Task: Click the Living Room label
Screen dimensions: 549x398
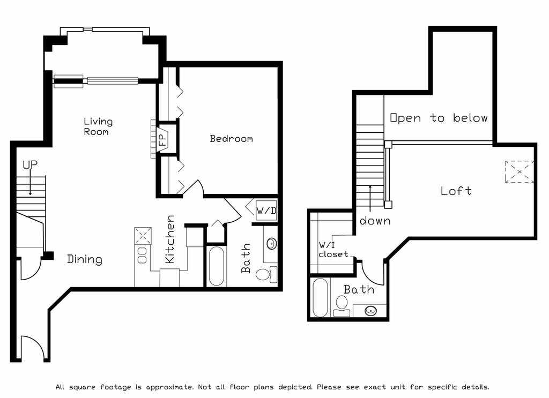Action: (98, 126)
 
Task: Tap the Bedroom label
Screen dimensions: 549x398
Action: (231, 139)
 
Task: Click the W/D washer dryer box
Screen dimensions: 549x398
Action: (266, 210)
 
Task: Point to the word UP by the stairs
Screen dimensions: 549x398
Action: (30, 165)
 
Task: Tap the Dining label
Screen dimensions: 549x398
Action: (84, 259)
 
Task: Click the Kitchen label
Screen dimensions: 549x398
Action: (170, 239)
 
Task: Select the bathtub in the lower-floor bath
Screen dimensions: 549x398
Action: (216, 266)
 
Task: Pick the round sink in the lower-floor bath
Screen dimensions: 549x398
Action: (271, 243)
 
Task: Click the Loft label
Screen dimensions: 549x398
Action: (456, 191)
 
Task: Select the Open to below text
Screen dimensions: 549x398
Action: (439, 118)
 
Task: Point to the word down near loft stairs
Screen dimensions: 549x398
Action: (375, 221)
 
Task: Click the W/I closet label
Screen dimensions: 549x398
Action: (333, 250)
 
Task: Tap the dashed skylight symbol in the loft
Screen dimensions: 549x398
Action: (519, 171)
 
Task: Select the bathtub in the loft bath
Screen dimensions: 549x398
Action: (320, 297)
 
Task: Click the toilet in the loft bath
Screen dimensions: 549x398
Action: (342, 306)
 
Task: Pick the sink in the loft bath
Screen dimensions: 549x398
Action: (370, 310)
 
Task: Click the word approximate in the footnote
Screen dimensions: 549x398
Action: (169, 387)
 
